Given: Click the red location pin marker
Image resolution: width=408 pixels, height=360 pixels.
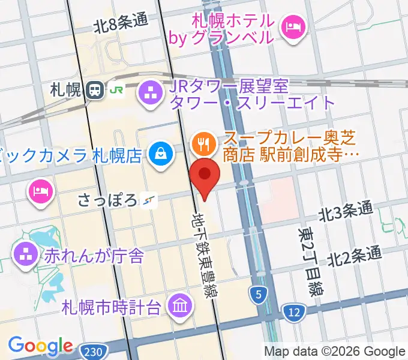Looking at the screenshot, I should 205,175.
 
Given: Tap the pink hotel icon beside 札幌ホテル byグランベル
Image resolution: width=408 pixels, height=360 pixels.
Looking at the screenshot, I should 294,27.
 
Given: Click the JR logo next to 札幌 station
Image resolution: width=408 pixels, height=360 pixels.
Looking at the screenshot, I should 115,91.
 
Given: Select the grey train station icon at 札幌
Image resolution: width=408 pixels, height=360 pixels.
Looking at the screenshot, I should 94,91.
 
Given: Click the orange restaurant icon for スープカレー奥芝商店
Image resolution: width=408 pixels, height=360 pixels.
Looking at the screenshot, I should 201,143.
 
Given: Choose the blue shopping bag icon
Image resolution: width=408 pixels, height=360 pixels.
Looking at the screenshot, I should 161,155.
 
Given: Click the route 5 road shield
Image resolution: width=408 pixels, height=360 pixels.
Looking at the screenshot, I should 259,295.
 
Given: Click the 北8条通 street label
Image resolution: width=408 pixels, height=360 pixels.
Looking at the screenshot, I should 120,23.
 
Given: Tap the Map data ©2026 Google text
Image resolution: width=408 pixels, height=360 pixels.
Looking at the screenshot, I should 335,351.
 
